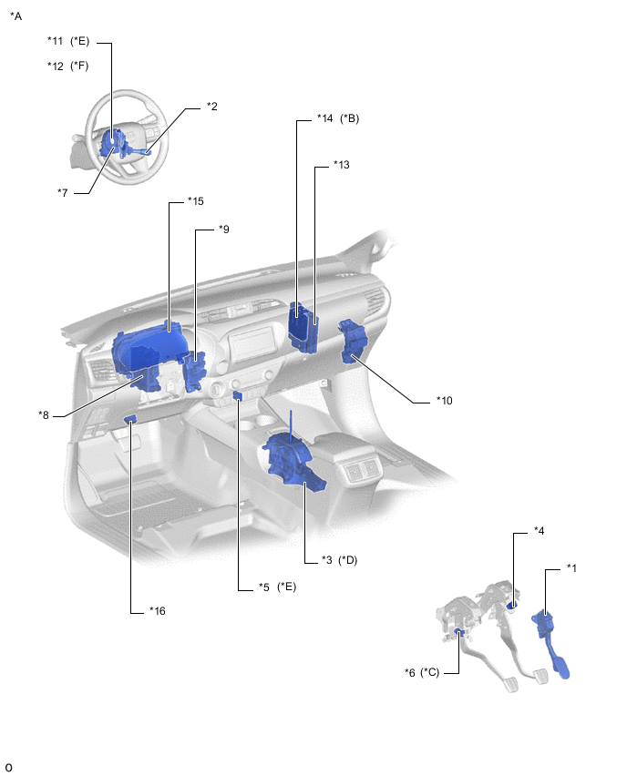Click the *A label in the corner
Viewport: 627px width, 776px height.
[15, 16]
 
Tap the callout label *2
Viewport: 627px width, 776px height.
[212, 107]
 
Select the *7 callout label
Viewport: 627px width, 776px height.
[62, 192]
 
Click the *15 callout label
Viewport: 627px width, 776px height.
[196, 201]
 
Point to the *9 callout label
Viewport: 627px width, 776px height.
[224, 230]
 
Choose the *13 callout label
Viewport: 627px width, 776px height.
[341, 164]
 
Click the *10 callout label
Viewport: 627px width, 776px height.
[444, 401]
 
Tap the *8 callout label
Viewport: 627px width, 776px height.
[44, 414]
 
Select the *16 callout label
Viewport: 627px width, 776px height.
[158, 611]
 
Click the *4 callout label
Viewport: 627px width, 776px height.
[539, 530]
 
